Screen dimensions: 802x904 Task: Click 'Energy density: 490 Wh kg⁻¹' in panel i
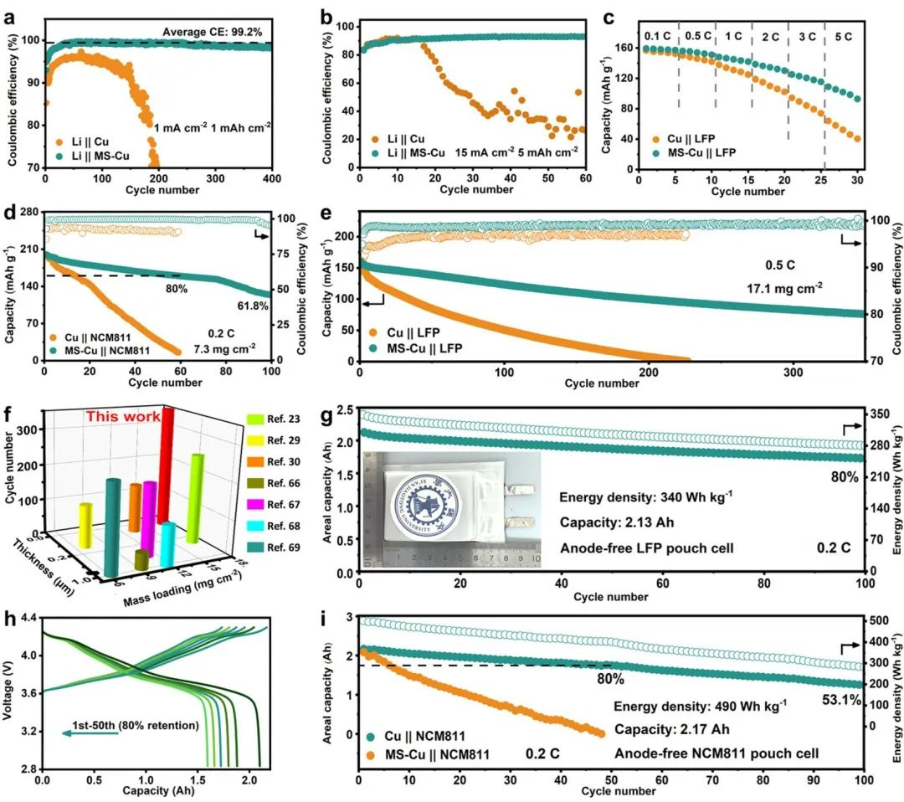click(701, 707)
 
